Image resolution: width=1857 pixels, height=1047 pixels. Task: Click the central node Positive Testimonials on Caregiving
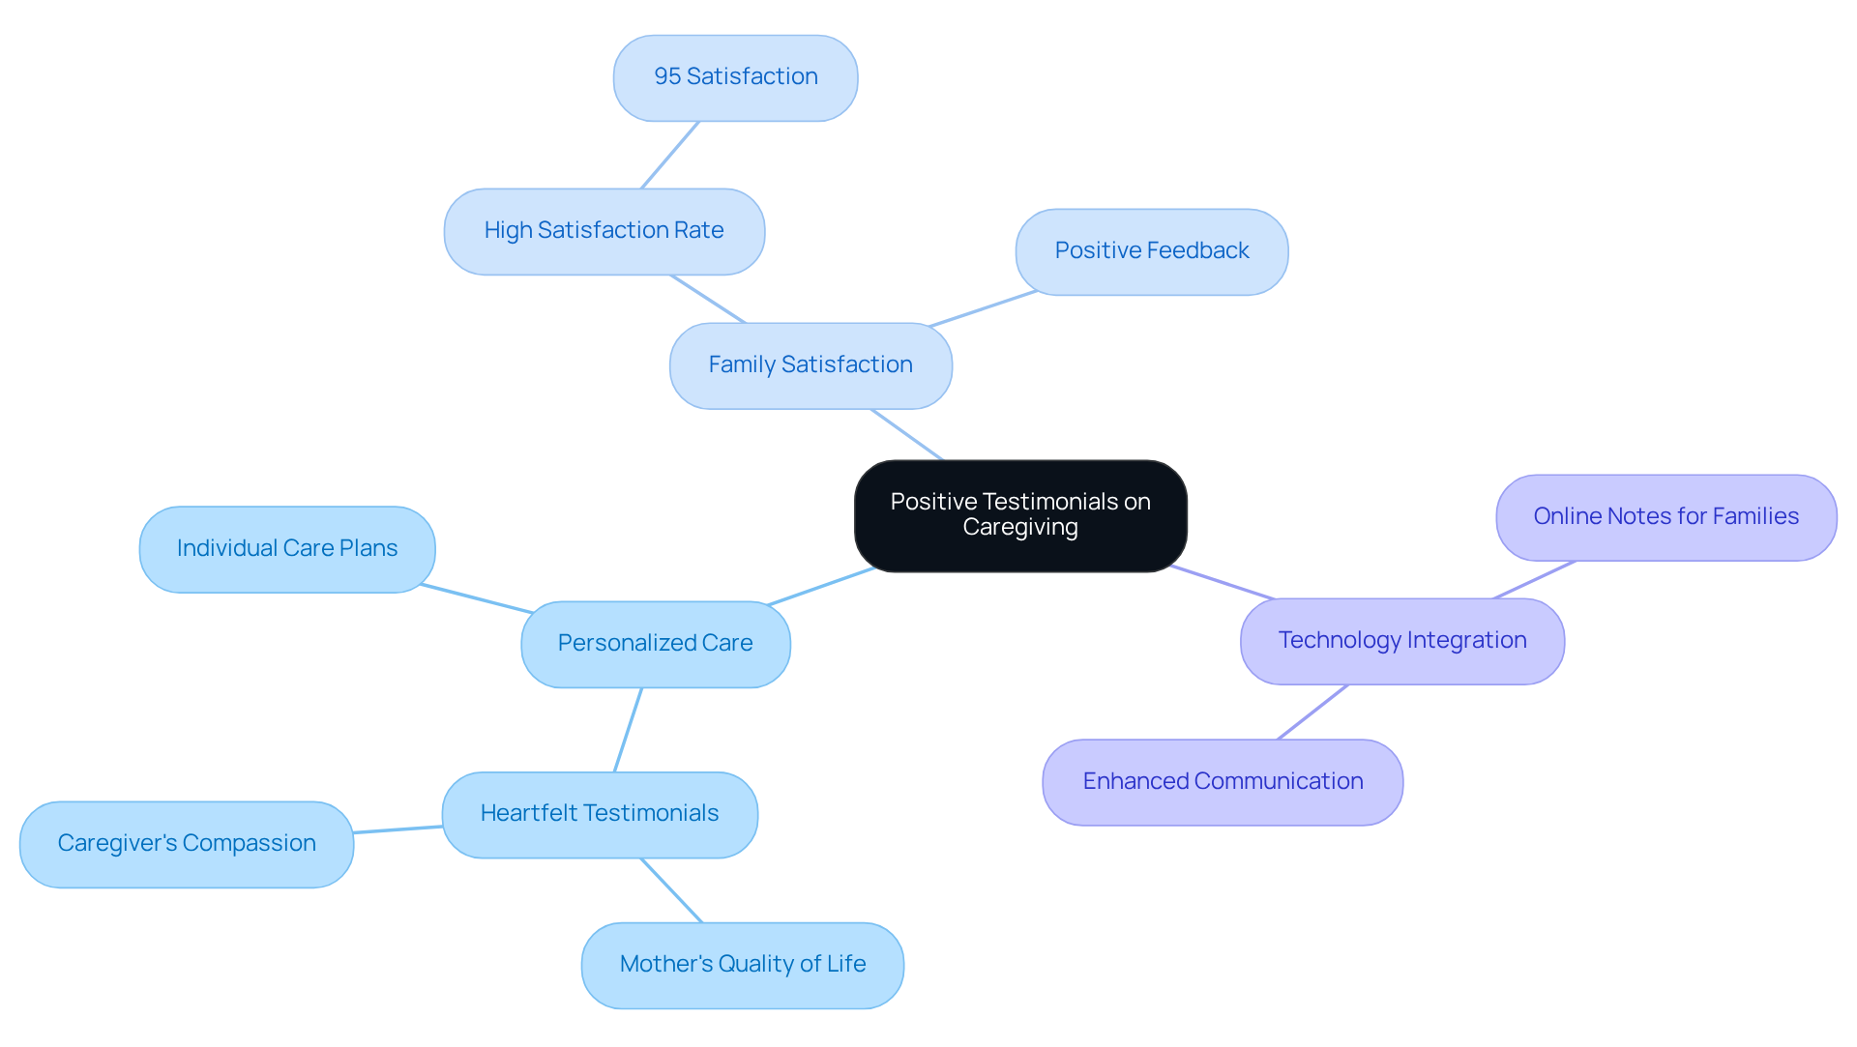(1020, 514)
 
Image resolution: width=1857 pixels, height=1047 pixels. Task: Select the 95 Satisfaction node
(735, 77)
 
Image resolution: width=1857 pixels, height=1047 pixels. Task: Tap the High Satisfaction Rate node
(604, 231)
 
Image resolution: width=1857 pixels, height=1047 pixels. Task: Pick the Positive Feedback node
(1151, 251)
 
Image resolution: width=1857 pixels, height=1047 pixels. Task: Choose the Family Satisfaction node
(810, 365)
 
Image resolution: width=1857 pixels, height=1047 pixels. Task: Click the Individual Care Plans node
(286, 549)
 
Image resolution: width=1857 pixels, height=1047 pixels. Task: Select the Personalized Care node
(655, 644)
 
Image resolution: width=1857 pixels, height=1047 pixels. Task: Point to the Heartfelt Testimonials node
(599, 814)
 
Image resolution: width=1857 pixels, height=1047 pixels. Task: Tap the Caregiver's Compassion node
(186, 844)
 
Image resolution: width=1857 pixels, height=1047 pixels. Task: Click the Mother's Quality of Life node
(742, 965)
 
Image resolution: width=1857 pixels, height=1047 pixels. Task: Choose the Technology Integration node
(1401, 641)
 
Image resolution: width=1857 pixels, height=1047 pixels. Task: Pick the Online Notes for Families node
(1665, 517)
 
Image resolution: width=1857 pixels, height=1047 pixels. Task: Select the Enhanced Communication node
(1222, 782)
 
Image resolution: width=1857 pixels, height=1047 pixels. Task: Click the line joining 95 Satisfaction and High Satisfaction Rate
(669, 155)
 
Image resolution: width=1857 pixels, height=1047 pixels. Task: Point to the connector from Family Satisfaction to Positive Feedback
(982, 308)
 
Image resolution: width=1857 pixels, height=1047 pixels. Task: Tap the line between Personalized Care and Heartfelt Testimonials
(628, 730)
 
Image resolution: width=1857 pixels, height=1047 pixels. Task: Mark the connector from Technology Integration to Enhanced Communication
(1312, 712)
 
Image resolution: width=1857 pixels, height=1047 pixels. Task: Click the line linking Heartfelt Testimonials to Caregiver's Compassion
(398, 829)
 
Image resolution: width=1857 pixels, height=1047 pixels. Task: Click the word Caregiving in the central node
(1019, 528)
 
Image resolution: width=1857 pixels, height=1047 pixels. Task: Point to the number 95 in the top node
(666, 76)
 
